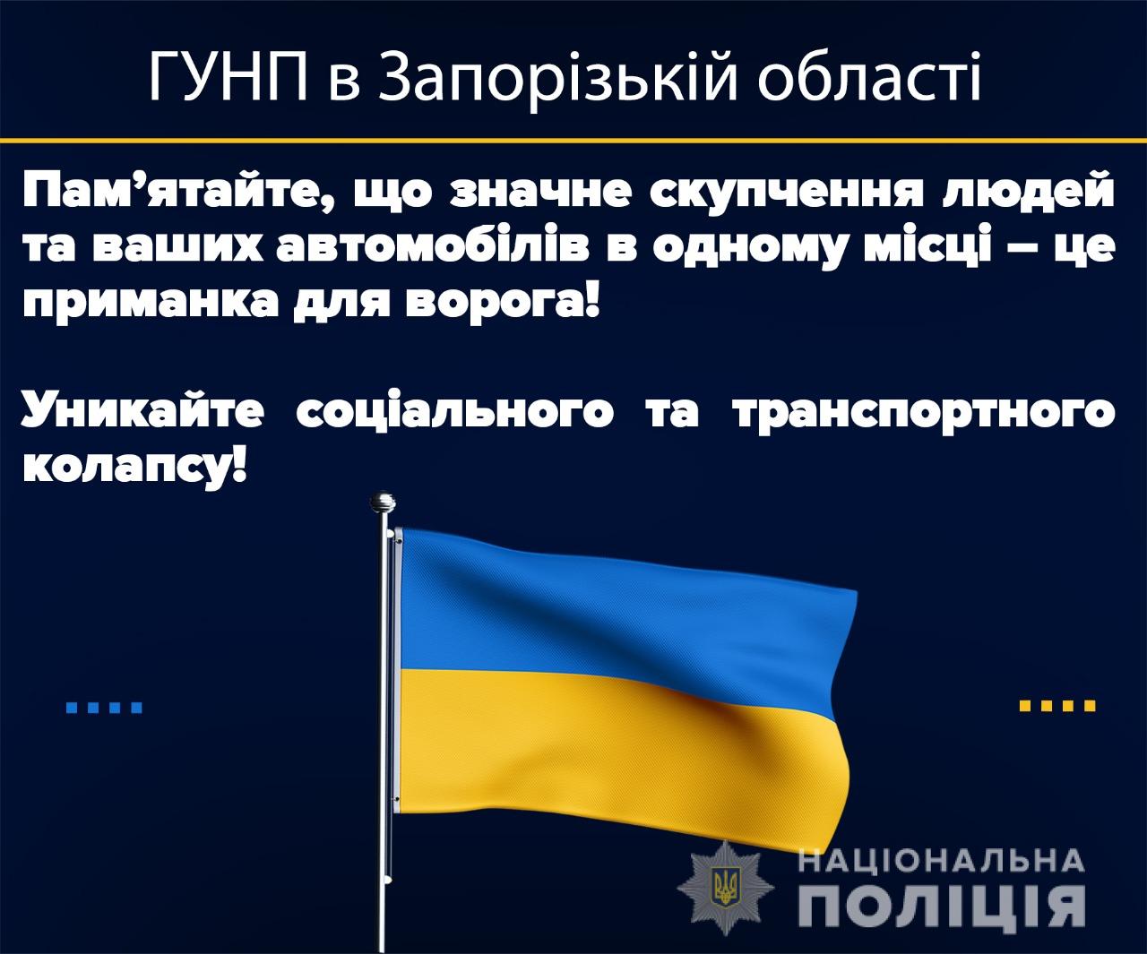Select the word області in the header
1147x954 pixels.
pyautogui.click(x=869, y=77)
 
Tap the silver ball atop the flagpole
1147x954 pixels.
pyautogui.click(x=383, y=502)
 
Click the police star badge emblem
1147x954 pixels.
pyautogui.click(x=725, y=888)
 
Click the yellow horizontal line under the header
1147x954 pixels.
pyautogui.click(x=573, y=141)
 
